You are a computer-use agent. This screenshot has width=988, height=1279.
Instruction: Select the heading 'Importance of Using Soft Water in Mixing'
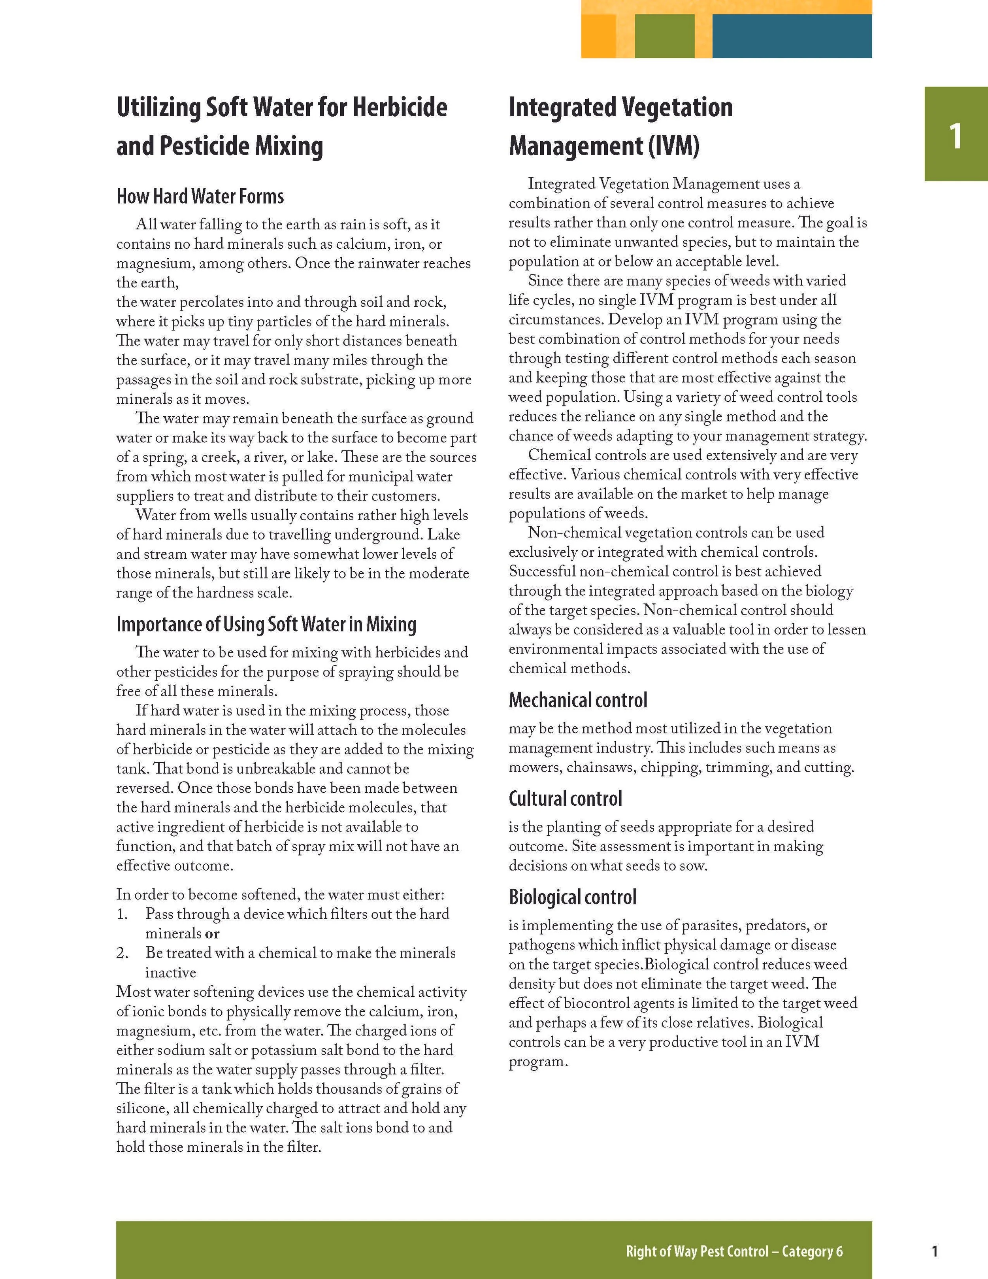tap(266, 624)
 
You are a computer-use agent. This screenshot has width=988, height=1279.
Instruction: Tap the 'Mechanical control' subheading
tap(578, 701)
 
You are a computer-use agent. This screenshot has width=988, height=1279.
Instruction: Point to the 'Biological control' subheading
tap(572, 897)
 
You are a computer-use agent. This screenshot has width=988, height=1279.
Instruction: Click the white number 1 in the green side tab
tap(955, 136)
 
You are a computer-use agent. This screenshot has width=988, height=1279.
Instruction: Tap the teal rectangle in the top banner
tap(791, 36)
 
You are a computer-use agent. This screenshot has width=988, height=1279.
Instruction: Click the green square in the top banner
tap(664, 36)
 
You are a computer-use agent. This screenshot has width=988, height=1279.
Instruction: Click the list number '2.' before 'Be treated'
tap(123, 953)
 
